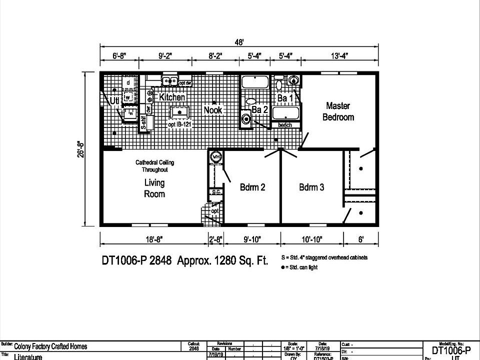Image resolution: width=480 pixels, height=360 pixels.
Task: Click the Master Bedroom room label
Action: [338, 111]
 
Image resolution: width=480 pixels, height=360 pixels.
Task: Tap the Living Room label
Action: [154, 188]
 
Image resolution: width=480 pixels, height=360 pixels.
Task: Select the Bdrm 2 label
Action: [252, 187]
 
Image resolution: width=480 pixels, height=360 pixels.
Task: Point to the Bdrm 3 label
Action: [311, 187]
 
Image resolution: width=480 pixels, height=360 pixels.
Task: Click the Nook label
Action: [212, 109]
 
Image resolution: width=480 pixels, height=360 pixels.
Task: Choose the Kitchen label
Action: [172, 97]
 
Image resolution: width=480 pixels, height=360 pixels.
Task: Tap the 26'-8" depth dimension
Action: [78, 148]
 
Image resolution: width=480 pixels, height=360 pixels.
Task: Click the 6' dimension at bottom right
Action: [360, 240]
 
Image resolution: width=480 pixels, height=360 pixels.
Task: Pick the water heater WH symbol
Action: [216, 156]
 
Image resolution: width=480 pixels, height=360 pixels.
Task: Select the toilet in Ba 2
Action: [246, 119]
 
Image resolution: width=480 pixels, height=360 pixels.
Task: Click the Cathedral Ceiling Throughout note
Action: [155, 166]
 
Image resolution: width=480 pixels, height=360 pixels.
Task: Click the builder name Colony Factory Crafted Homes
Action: [50, 346]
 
